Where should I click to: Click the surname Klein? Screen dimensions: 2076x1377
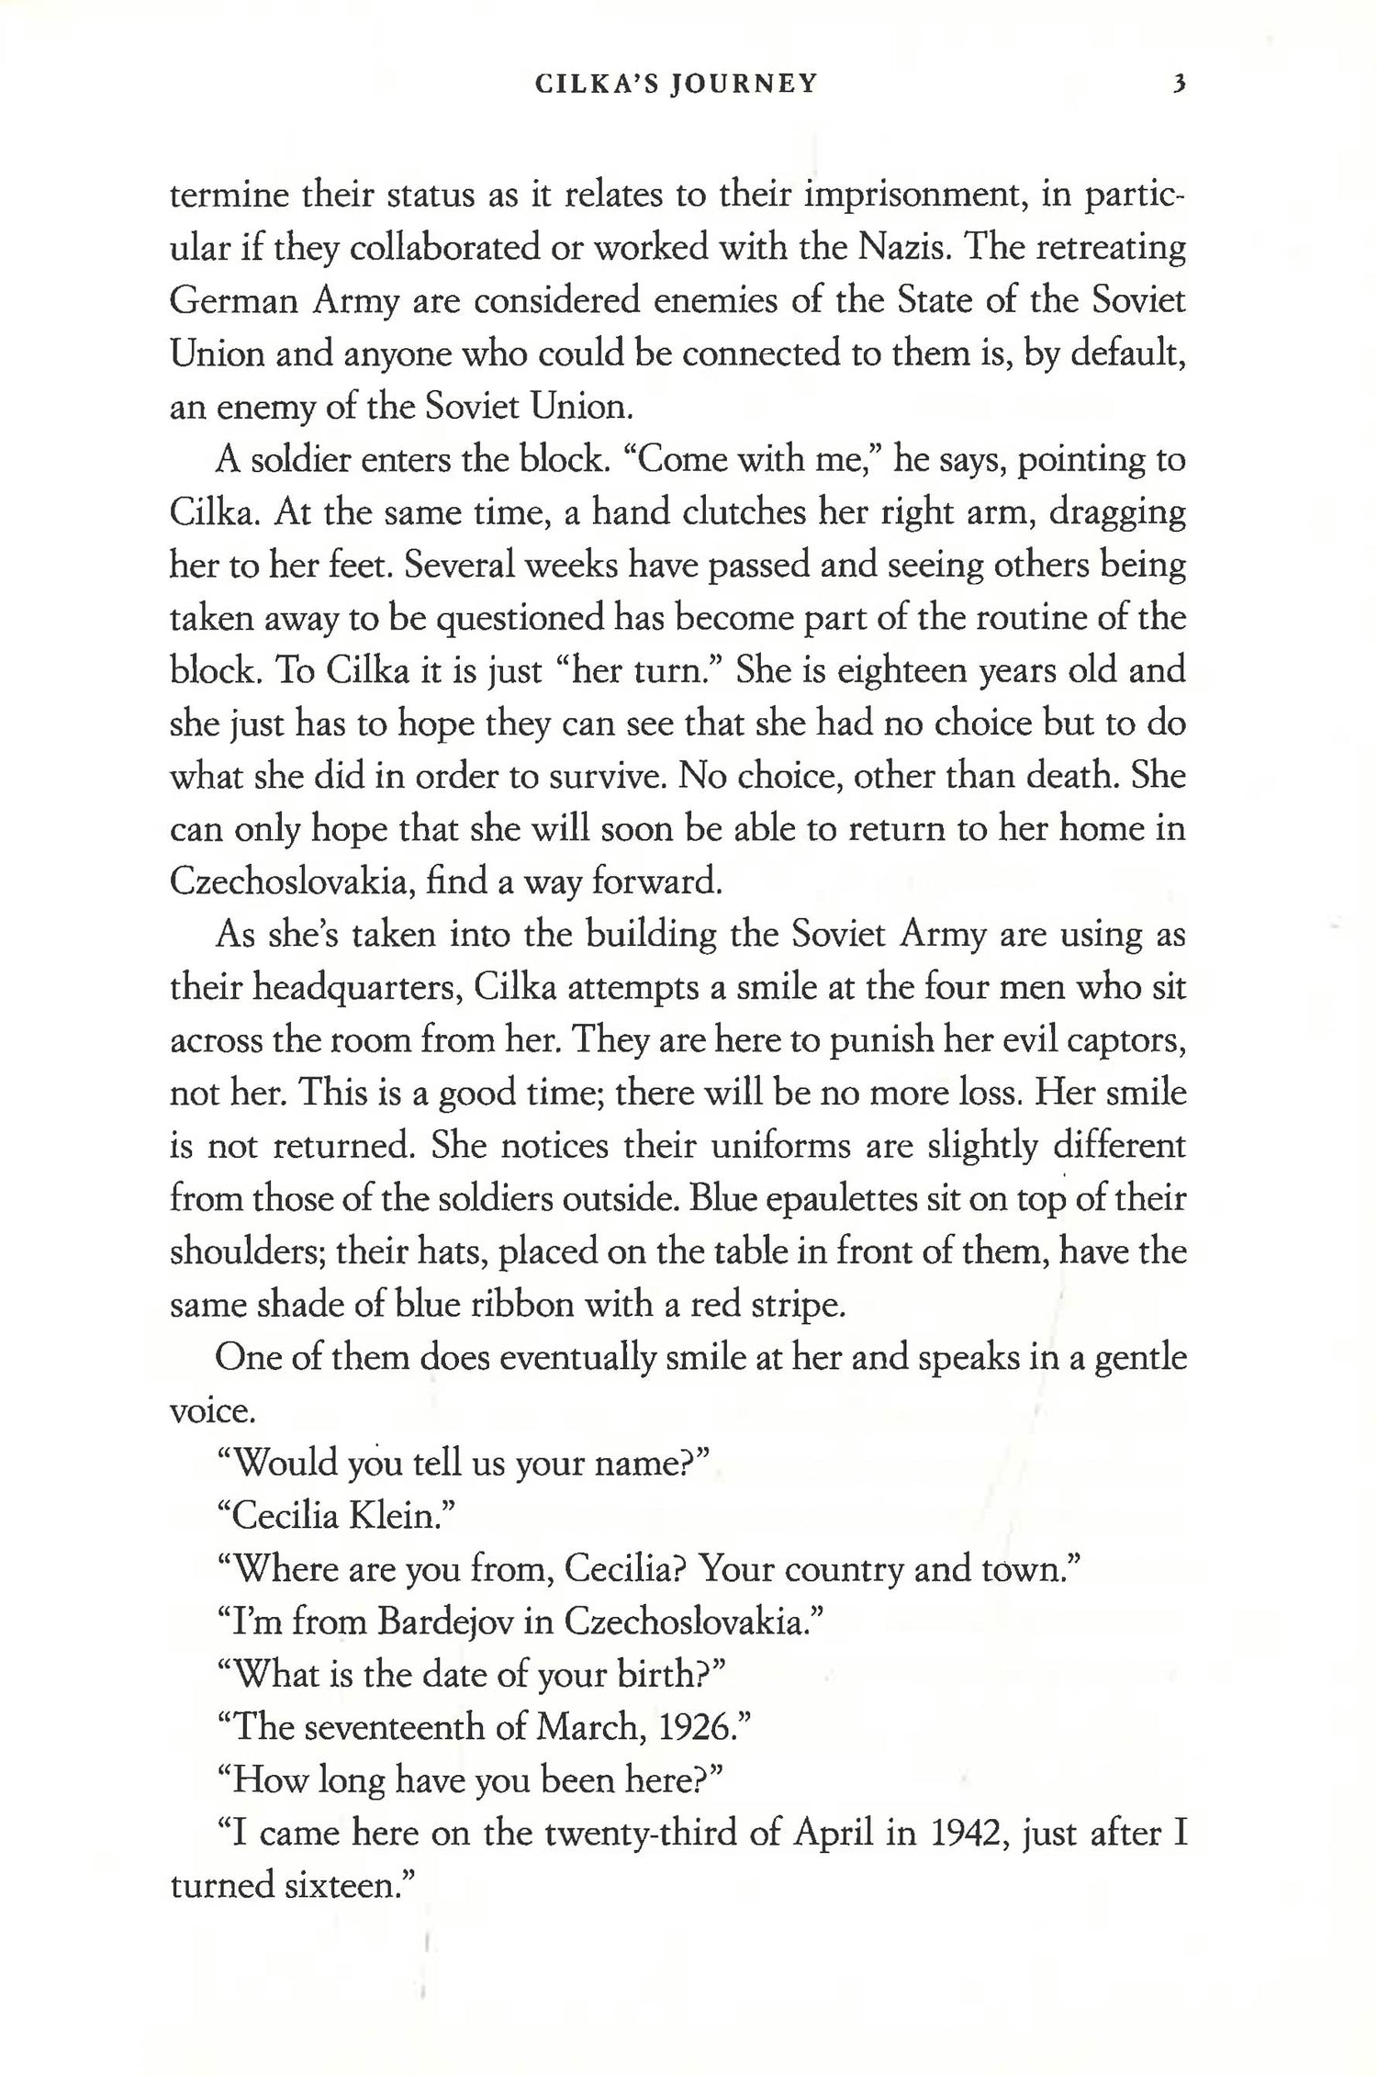tap(402, 1516)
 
